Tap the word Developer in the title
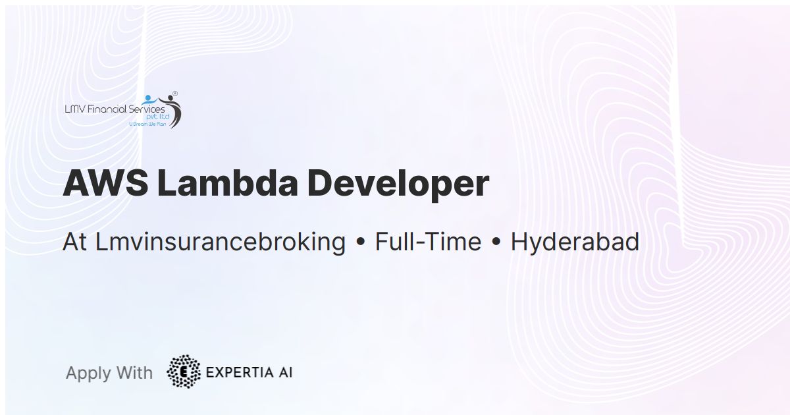click(398, 184)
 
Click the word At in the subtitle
click(75, 242)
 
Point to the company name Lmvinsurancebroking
click(221, 242)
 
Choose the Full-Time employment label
click(428, 242)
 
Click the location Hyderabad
click(575, 242)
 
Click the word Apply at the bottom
click(88, 373)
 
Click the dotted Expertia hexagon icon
click(184, 372)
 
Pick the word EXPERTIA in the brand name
click(238, 372)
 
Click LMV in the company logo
click(73, 109)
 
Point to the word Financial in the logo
click(105, 109)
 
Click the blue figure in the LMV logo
click(149, 100)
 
